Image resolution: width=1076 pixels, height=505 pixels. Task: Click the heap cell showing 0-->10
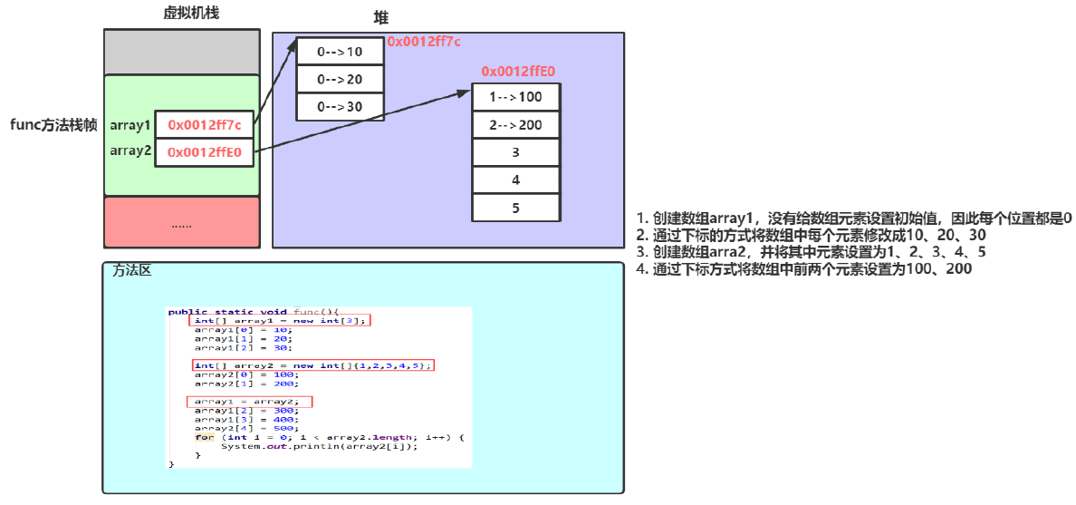341,52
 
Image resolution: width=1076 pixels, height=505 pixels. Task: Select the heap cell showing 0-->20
341,79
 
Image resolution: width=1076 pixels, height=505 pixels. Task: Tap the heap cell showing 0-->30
341,106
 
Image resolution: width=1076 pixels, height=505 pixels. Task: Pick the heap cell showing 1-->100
515,97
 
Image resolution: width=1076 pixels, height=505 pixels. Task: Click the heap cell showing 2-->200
515,125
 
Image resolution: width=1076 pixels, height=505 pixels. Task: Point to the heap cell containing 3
515,152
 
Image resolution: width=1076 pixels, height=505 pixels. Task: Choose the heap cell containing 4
515,180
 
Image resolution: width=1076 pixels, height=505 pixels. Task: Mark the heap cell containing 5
515,207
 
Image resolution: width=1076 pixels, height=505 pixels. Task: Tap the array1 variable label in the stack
130,124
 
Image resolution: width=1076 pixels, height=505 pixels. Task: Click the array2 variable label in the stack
130,151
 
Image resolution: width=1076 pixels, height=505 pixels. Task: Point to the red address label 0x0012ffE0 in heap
517,71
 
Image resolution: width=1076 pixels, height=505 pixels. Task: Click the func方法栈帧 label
53,125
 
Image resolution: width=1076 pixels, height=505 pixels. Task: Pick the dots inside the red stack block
181,223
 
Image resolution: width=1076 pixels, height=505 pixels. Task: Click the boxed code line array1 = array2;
249,401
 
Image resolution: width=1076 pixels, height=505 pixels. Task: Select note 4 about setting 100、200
804,268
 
